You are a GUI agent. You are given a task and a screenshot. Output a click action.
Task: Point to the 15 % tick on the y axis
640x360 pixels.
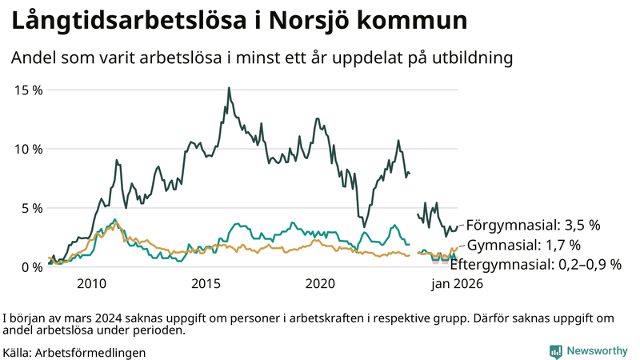point(29,90)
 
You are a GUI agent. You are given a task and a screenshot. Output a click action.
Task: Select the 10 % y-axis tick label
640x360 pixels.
point(29,149)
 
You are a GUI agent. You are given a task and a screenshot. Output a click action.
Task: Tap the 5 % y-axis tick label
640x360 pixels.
point(32,208)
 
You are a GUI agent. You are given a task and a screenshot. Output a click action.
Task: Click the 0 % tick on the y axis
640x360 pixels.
point(32,267)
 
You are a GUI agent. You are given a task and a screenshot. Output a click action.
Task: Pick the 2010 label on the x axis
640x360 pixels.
point(91,284)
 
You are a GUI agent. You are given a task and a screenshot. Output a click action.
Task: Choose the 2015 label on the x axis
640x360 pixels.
point(206,284)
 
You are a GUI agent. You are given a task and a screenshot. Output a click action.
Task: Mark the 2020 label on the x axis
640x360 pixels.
point(320,284)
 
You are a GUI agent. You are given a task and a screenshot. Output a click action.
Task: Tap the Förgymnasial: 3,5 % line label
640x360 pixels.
point(533,225)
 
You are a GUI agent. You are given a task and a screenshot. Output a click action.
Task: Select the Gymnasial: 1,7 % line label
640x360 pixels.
point(523,245)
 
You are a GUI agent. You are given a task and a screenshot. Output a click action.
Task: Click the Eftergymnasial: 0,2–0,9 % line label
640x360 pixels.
point(536,264)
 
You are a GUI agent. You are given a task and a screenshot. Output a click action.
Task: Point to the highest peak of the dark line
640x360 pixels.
point(229,88)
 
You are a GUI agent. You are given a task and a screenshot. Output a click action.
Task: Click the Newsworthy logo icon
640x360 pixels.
point(555,351)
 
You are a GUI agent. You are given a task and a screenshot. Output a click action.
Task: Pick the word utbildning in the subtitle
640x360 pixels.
point(472,58)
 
